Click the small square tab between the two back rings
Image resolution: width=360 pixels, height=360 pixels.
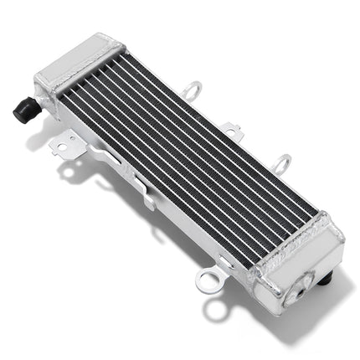coord(229,127)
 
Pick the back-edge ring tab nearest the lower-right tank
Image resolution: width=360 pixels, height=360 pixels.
coord(283,162)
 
